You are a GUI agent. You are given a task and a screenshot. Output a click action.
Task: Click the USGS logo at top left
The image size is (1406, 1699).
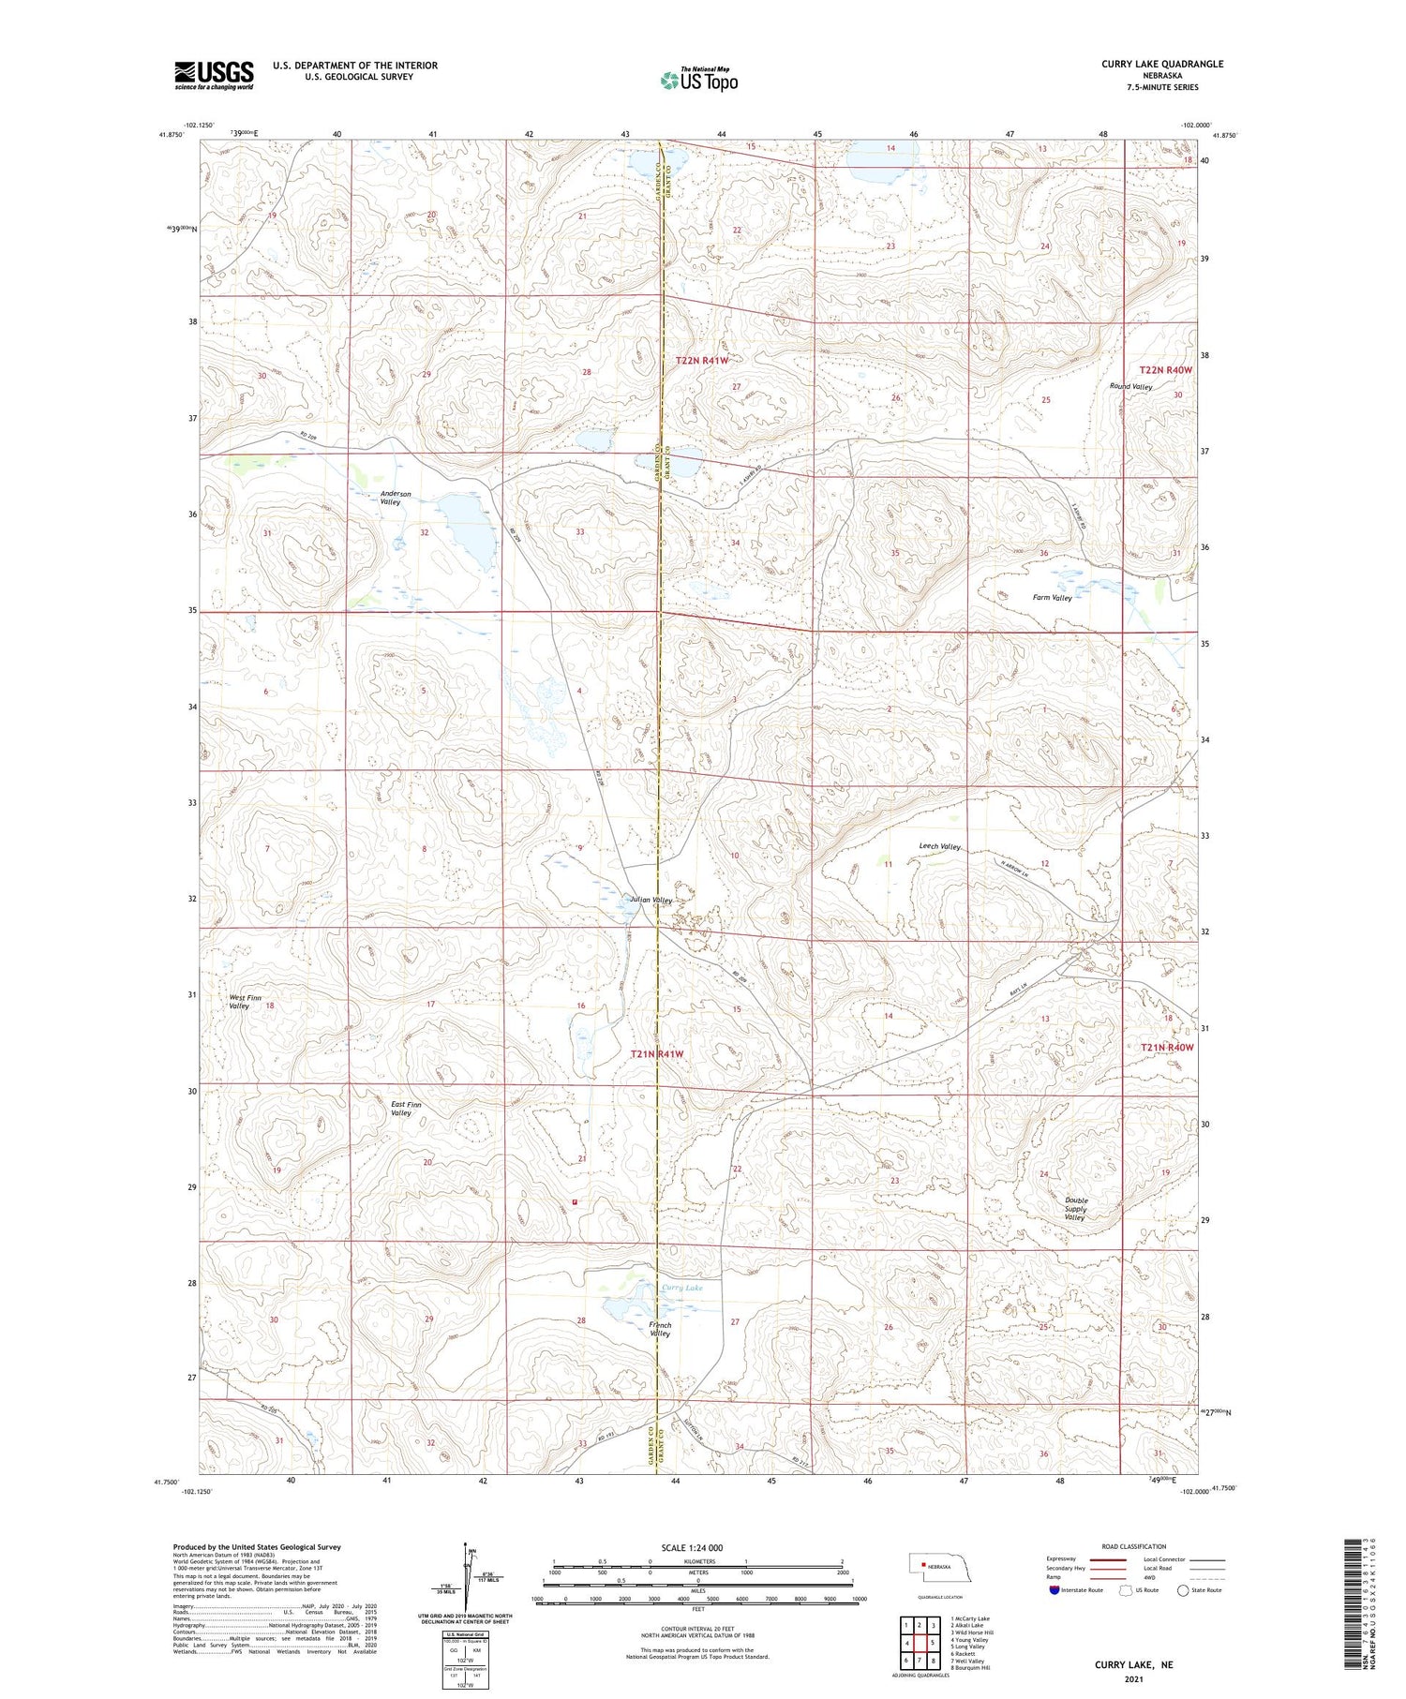point(214,75)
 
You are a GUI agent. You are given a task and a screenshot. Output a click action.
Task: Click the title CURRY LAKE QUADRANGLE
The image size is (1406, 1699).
point(1162,64)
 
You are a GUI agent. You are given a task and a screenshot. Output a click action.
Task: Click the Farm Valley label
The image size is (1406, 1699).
point(1052,597)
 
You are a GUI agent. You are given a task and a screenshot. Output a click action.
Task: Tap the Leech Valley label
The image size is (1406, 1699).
point(939,846)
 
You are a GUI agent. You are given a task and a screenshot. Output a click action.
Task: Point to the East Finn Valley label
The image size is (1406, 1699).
point(406,1109)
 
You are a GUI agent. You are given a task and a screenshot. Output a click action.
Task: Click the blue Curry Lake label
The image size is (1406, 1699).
point(682,1288)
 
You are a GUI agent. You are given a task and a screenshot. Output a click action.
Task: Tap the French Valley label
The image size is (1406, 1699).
point(660,1329)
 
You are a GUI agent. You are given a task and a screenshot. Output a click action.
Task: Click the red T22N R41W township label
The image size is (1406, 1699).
point(701,360)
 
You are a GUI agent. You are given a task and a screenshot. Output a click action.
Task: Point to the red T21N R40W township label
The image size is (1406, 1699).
point(1166,1047)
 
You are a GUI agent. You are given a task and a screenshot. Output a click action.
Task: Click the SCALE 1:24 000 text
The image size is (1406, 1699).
point(692,1547)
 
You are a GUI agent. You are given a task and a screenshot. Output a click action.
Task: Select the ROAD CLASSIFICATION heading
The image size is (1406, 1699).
point(1133,1546)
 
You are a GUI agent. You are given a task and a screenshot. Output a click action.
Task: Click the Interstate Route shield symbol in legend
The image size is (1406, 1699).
point(1054,1589)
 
